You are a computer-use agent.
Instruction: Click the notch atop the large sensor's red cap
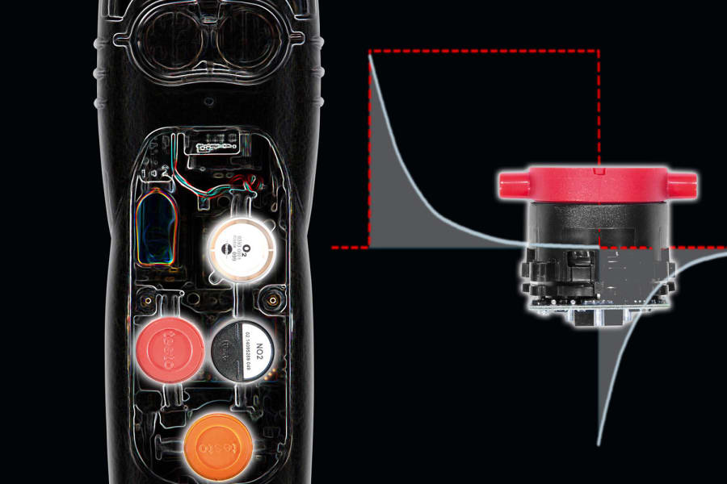click(596, 172)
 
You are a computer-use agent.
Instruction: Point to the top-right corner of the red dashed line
click(599, 52)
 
